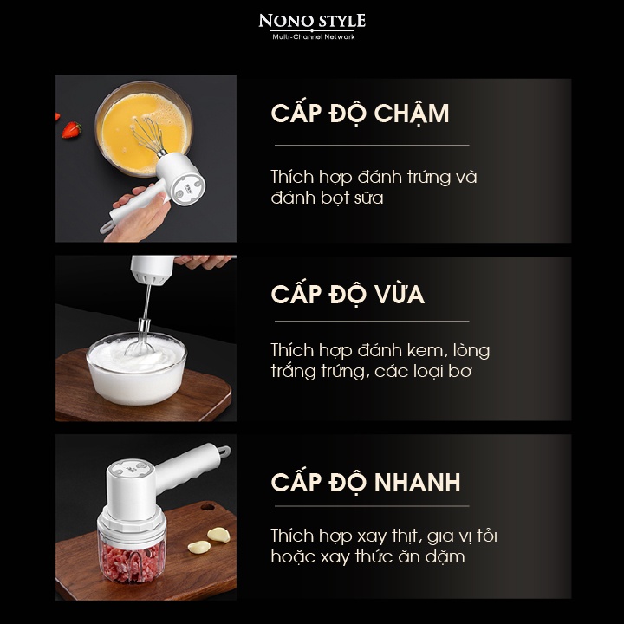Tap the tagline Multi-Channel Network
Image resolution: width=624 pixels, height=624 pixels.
click(x=314, y=37)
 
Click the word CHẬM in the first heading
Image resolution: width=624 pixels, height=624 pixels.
click(x=412, y=114)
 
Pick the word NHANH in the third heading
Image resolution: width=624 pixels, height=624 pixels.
click(x=417, y=483)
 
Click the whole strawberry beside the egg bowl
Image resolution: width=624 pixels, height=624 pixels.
click(x=72, y=130)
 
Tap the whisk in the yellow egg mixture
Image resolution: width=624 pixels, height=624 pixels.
click(x=148, y=135)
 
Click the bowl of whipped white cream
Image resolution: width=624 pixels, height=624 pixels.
click(x=137, y=368)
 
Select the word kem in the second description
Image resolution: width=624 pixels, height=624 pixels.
click(x=424, y=350)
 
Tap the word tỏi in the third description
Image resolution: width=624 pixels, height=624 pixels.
click(x=487, y=536)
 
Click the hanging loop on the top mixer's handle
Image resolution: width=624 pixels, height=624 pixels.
click(x=106, y=227)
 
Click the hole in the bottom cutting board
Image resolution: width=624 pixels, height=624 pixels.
click(x=207, y=507)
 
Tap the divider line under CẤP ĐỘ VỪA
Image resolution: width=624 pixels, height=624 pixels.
click(x=372, y=321)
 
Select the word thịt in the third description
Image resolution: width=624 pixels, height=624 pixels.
click(x=406, y=536)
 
